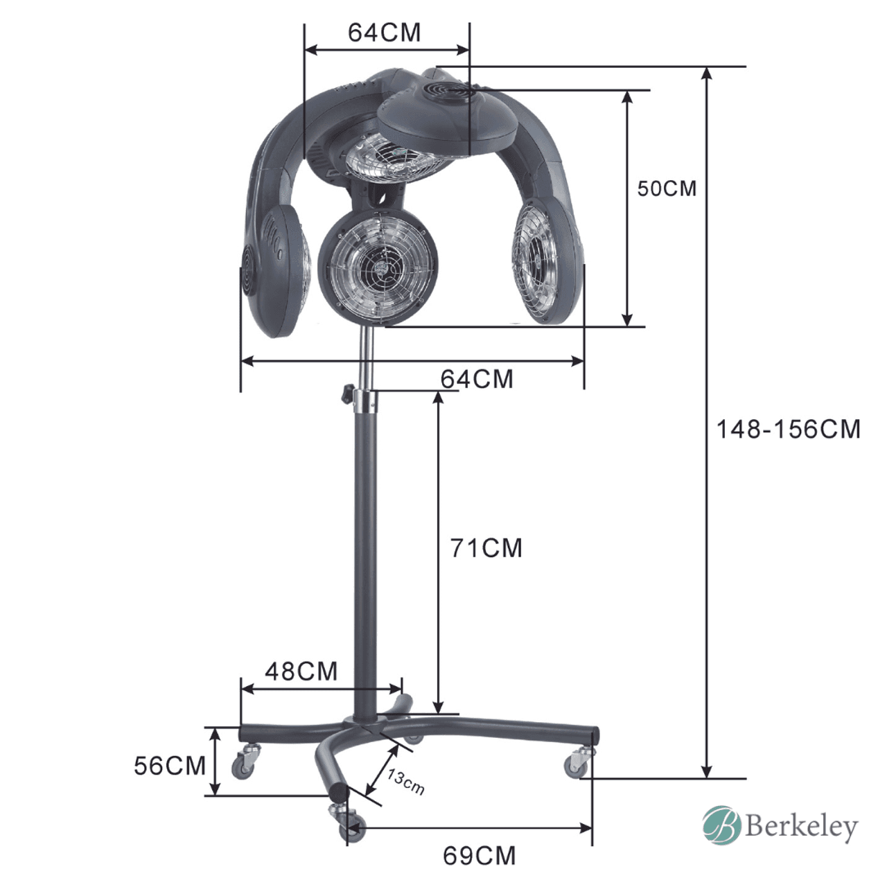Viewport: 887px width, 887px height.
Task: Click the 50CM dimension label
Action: [x=667, y=188]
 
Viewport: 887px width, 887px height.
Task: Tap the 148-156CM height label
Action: [x=789, y=430]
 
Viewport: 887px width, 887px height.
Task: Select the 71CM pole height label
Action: [x=486, y=548]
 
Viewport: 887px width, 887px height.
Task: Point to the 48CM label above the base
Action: [x=301, y=671]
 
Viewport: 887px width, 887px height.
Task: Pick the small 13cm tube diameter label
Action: [x=405, y=782]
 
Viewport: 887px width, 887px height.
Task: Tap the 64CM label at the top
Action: [x=384, y=33]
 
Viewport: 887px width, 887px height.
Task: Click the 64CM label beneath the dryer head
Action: [x=476, y=380]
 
